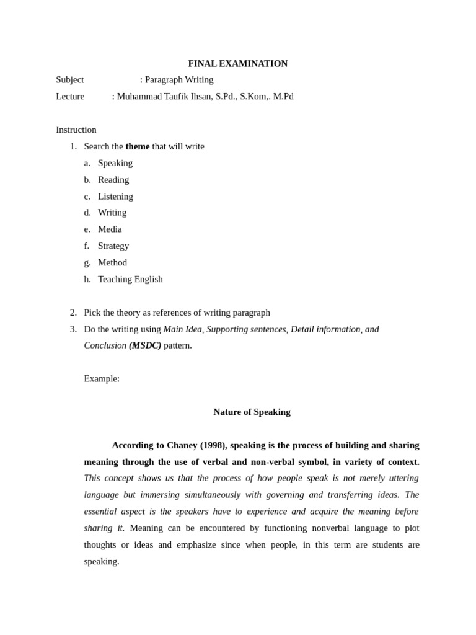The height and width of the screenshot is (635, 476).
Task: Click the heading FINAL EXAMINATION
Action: [238, 63]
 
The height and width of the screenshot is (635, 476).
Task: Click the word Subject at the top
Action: [70, 80]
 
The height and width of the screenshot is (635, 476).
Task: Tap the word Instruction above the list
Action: [76, 130]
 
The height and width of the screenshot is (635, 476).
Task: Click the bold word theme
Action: [138, 146]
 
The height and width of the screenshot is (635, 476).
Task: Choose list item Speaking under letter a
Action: [115, 163]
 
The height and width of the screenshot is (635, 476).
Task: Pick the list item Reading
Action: [113, 180]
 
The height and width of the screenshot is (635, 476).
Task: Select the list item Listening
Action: [115, 197]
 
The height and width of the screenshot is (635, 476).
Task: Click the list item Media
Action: [110, 229]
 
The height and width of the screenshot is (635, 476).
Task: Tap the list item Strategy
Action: [113, 246]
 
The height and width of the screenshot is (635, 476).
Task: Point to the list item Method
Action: [112, 263]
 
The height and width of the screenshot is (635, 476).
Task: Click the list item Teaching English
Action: [130, 280]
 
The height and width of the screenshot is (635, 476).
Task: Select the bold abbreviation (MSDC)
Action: [145, 345]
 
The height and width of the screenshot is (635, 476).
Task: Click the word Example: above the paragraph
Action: [102, 379]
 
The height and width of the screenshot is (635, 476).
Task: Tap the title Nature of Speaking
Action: [252, 412]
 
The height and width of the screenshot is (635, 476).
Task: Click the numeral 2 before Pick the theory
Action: [73, 313]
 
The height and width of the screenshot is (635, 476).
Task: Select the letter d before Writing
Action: [87, 213]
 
